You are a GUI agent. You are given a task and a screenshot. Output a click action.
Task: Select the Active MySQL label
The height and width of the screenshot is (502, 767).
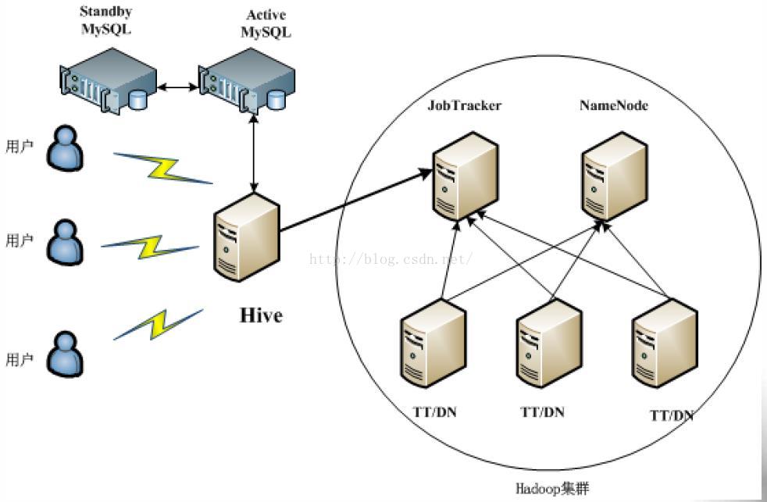coord(266,24)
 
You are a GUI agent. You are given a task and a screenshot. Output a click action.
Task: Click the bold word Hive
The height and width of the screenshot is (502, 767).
coord(260,316)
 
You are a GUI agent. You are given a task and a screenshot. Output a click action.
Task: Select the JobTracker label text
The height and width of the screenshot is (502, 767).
coord(464,105)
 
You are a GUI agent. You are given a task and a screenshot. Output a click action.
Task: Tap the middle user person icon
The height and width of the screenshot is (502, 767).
coord(65,240)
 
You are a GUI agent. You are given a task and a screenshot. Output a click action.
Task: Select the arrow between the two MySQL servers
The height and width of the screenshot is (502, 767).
coord(178,87)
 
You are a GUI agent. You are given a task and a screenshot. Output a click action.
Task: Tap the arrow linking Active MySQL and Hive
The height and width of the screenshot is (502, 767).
coord(253,151)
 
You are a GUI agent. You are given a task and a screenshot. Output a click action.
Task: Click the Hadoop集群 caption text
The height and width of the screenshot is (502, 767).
coord(552,489)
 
